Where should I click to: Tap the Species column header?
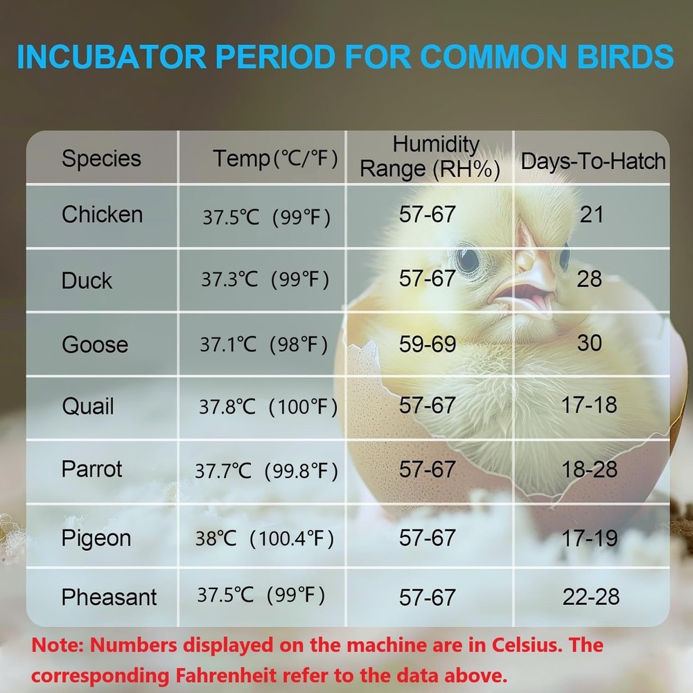pos(101,158)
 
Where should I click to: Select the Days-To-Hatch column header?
pos(593,161)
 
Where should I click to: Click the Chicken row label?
pos(102,214)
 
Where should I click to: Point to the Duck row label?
pos(87,280)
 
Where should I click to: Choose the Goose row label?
pos(95,344)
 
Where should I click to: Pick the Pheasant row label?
pos(109,597)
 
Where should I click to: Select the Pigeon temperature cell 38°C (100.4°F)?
pos(264,538)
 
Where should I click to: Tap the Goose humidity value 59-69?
pos(428,344)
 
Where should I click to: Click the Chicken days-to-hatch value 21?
pos(591,214)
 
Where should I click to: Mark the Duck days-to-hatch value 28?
pos(589,279)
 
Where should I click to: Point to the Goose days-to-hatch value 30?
pos(589,342)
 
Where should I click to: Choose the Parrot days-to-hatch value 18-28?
pos(589,469)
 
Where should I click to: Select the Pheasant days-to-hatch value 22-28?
pos(590,597)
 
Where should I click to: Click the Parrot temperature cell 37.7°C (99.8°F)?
pos(266,471)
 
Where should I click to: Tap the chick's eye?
pos(468,259)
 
